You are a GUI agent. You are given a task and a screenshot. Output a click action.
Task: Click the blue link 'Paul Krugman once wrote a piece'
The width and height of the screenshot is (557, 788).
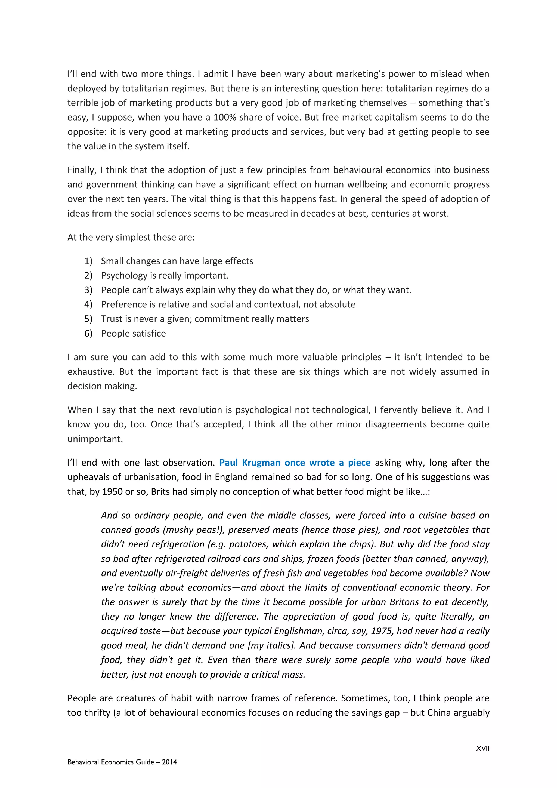click(x=295, y=463)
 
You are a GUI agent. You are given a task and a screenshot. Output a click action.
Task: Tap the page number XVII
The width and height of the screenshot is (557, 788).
click(x=482, y=749)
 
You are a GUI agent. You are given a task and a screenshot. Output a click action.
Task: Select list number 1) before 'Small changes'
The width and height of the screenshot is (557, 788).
click(x=88, y=261)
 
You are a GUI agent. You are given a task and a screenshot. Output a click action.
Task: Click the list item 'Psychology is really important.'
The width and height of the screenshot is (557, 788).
click(x=165, y=276)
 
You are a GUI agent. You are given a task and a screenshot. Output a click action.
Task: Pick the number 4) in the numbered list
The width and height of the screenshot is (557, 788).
click(x=88, y=304)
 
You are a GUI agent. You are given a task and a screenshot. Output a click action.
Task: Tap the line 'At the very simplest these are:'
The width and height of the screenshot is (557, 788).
click(x=131, y=238)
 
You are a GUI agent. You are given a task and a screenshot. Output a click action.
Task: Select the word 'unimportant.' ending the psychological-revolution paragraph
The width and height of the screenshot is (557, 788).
click(x=95, y=439)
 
